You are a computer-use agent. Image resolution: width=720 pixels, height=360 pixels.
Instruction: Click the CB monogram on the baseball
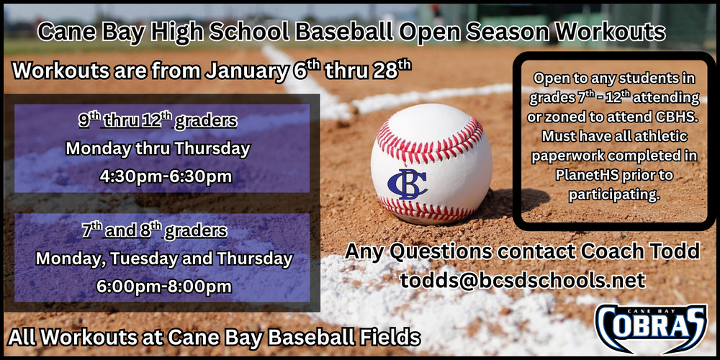click(407, 184)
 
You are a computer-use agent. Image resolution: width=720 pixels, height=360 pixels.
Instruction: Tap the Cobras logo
click(651, 328)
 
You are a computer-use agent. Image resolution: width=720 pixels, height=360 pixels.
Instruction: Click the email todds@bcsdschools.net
click(523, 280)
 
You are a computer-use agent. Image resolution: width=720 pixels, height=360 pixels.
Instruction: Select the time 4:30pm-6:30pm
click(166, 177)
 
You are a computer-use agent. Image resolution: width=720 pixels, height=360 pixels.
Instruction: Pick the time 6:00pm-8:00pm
click(164, 286)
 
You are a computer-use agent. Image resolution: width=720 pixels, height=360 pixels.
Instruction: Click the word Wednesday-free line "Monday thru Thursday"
click(158, 149)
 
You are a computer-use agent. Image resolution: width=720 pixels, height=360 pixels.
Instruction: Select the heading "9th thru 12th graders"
click(158, 120)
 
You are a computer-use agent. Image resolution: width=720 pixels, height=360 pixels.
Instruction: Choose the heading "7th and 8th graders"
click(155, 230)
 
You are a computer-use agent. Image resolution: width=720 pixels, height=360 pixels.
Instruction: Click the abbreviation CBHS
click(678, 117)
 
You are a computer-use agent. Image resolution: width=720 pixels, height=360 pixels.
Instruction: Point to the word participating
click(614, 194)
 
